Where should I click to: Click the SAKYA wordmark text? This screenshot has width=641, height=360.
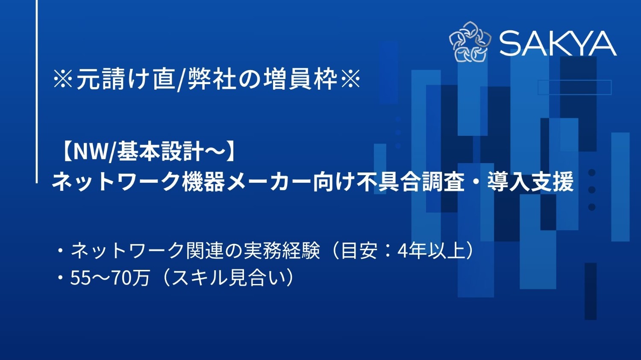click(558, 43)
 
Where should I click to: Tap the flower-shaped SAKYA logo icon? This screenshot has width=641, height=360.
click(470, 42)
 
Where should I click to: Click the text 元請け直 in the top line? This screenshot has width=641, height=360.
click(126, 79)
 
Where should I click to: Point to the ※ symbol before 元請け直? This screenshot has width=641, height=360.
click(63, 79)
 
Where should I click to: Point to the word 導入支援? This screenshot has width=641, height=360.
click(530, 181)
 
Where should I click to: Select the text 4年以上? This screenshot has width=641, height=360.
click(431, 251)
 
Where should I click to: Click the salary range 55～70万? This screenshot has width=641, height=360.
click(110, 278)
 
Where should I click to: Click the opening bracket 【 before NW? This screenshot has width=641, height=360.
click(65, 152)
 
